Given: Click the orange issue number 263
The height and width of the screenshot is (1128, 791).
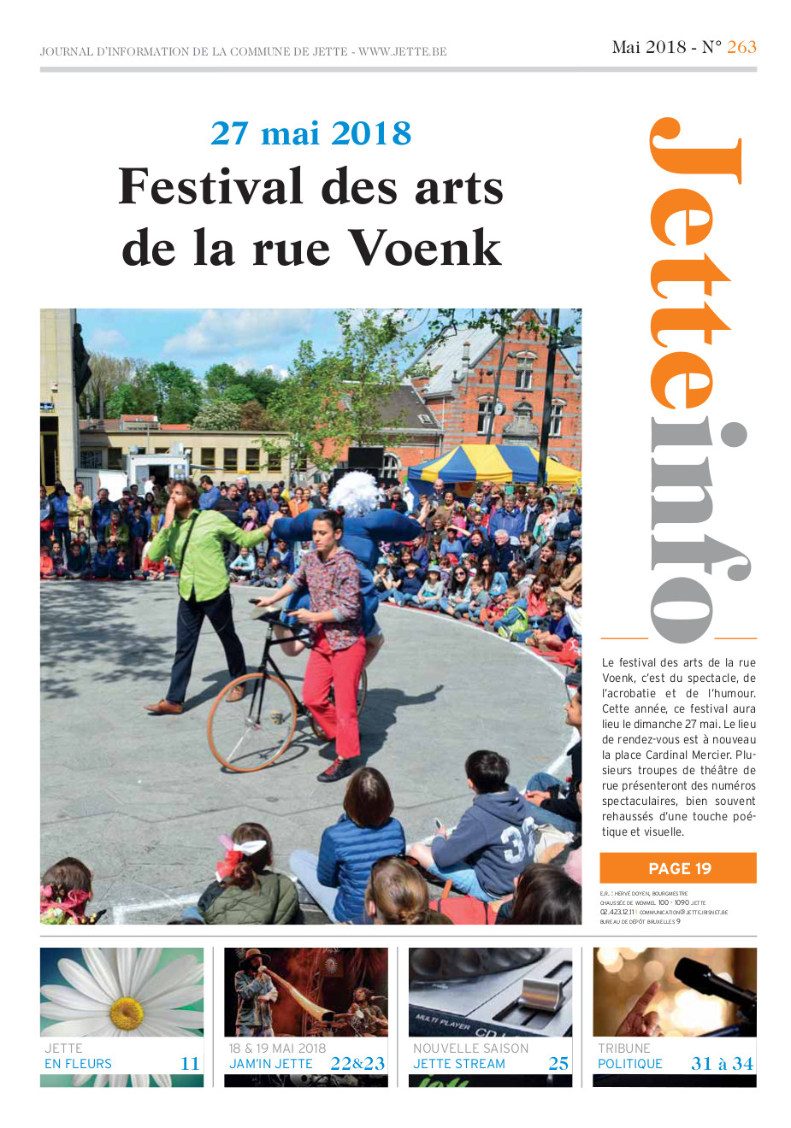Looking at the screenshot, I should point(741,47).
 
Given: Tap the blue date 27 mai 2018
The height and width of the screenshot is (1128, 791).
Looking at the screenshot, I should point(310,133).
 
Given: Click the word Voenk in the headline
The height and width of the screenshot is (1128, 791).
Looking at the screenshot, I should point(424,248).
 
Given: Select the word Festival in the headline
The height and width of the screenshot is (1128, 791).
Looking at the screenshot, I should point(210,186).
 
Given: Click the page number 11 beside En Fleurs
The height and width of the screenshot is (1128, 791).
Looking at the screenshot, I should point(190,1063).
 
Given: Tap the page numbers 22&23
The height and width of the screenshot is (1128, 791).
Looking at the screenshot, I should point(357,1063).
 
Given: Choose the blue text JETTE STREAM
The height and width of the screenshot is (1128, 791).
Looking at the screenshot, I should point(459,1064).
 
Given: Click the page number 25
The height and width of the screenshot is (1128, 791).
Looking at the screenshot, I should point(558,1063).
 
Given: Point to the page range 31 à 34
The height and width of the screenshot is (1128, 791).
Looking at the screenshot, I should point(722,1063).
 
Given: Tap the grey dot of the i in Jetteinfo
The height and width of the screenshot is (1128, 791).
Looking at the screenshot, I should point(732,433).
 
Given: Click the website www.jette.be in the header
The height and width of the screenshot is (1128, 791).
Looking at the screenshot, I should point(403,51).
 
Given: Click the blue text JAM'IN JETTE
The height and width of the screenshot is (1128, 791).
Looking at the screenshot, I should point(271,1064).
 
